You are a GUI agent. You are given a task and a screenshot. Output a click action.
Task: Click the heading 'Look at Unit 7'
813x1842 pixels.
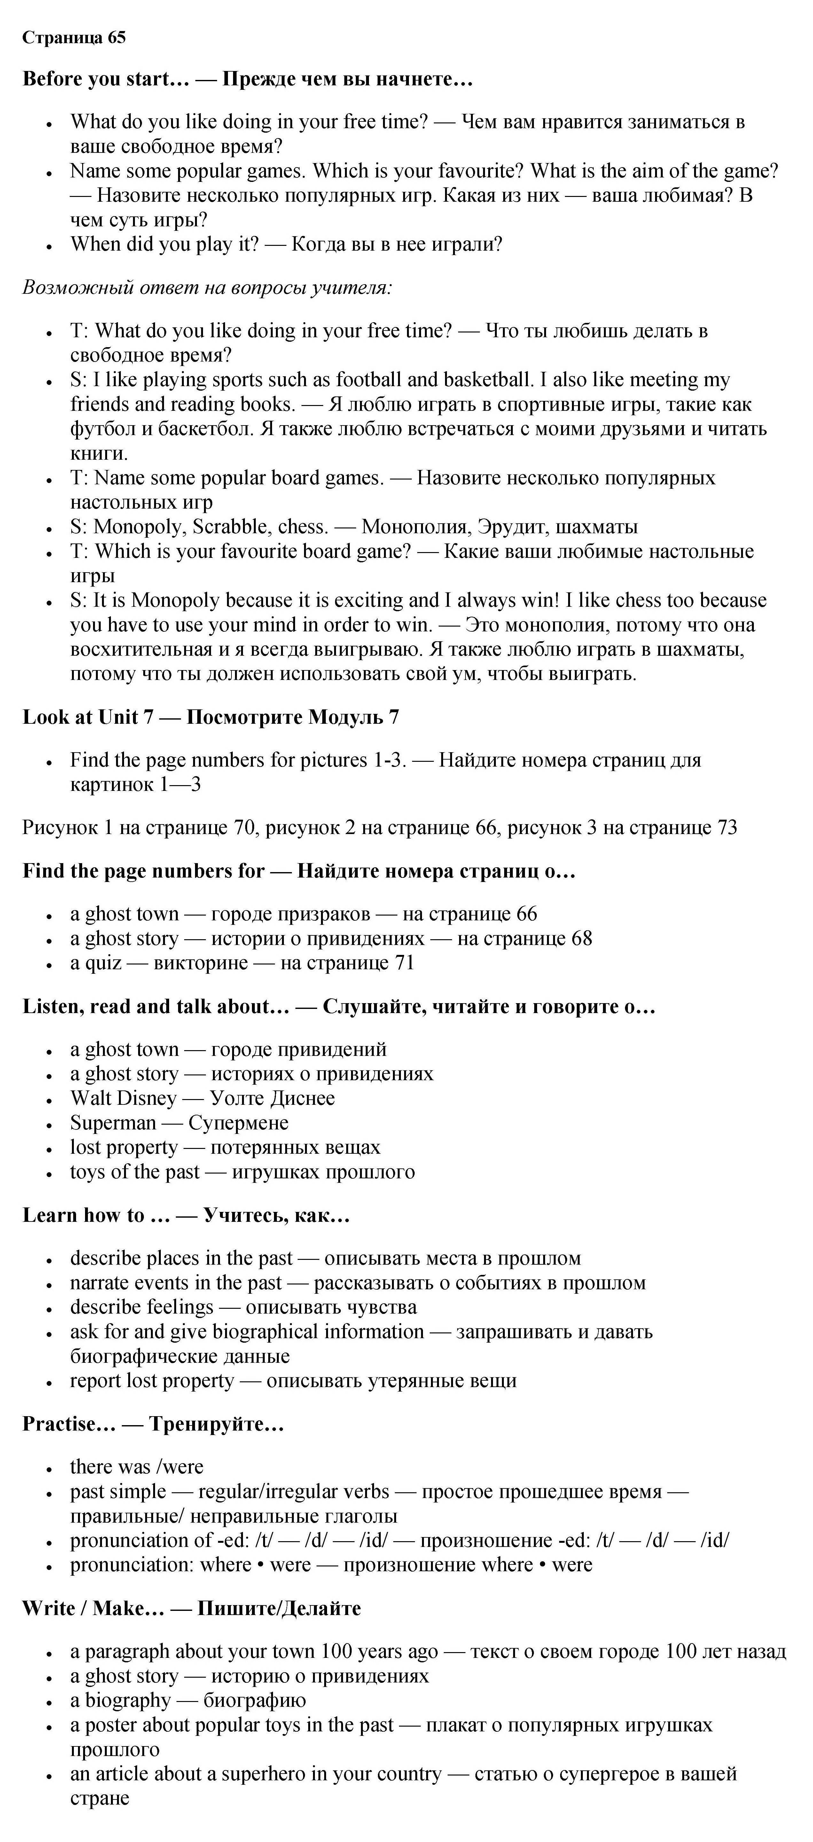(88, 717)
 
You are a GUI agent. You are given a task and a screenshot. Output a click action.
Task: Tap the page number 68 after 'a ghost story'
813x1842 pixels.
(581, 938)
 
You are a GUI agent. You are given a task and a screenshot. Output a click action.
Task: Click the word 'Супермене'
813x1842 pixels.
(238, 1123)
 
